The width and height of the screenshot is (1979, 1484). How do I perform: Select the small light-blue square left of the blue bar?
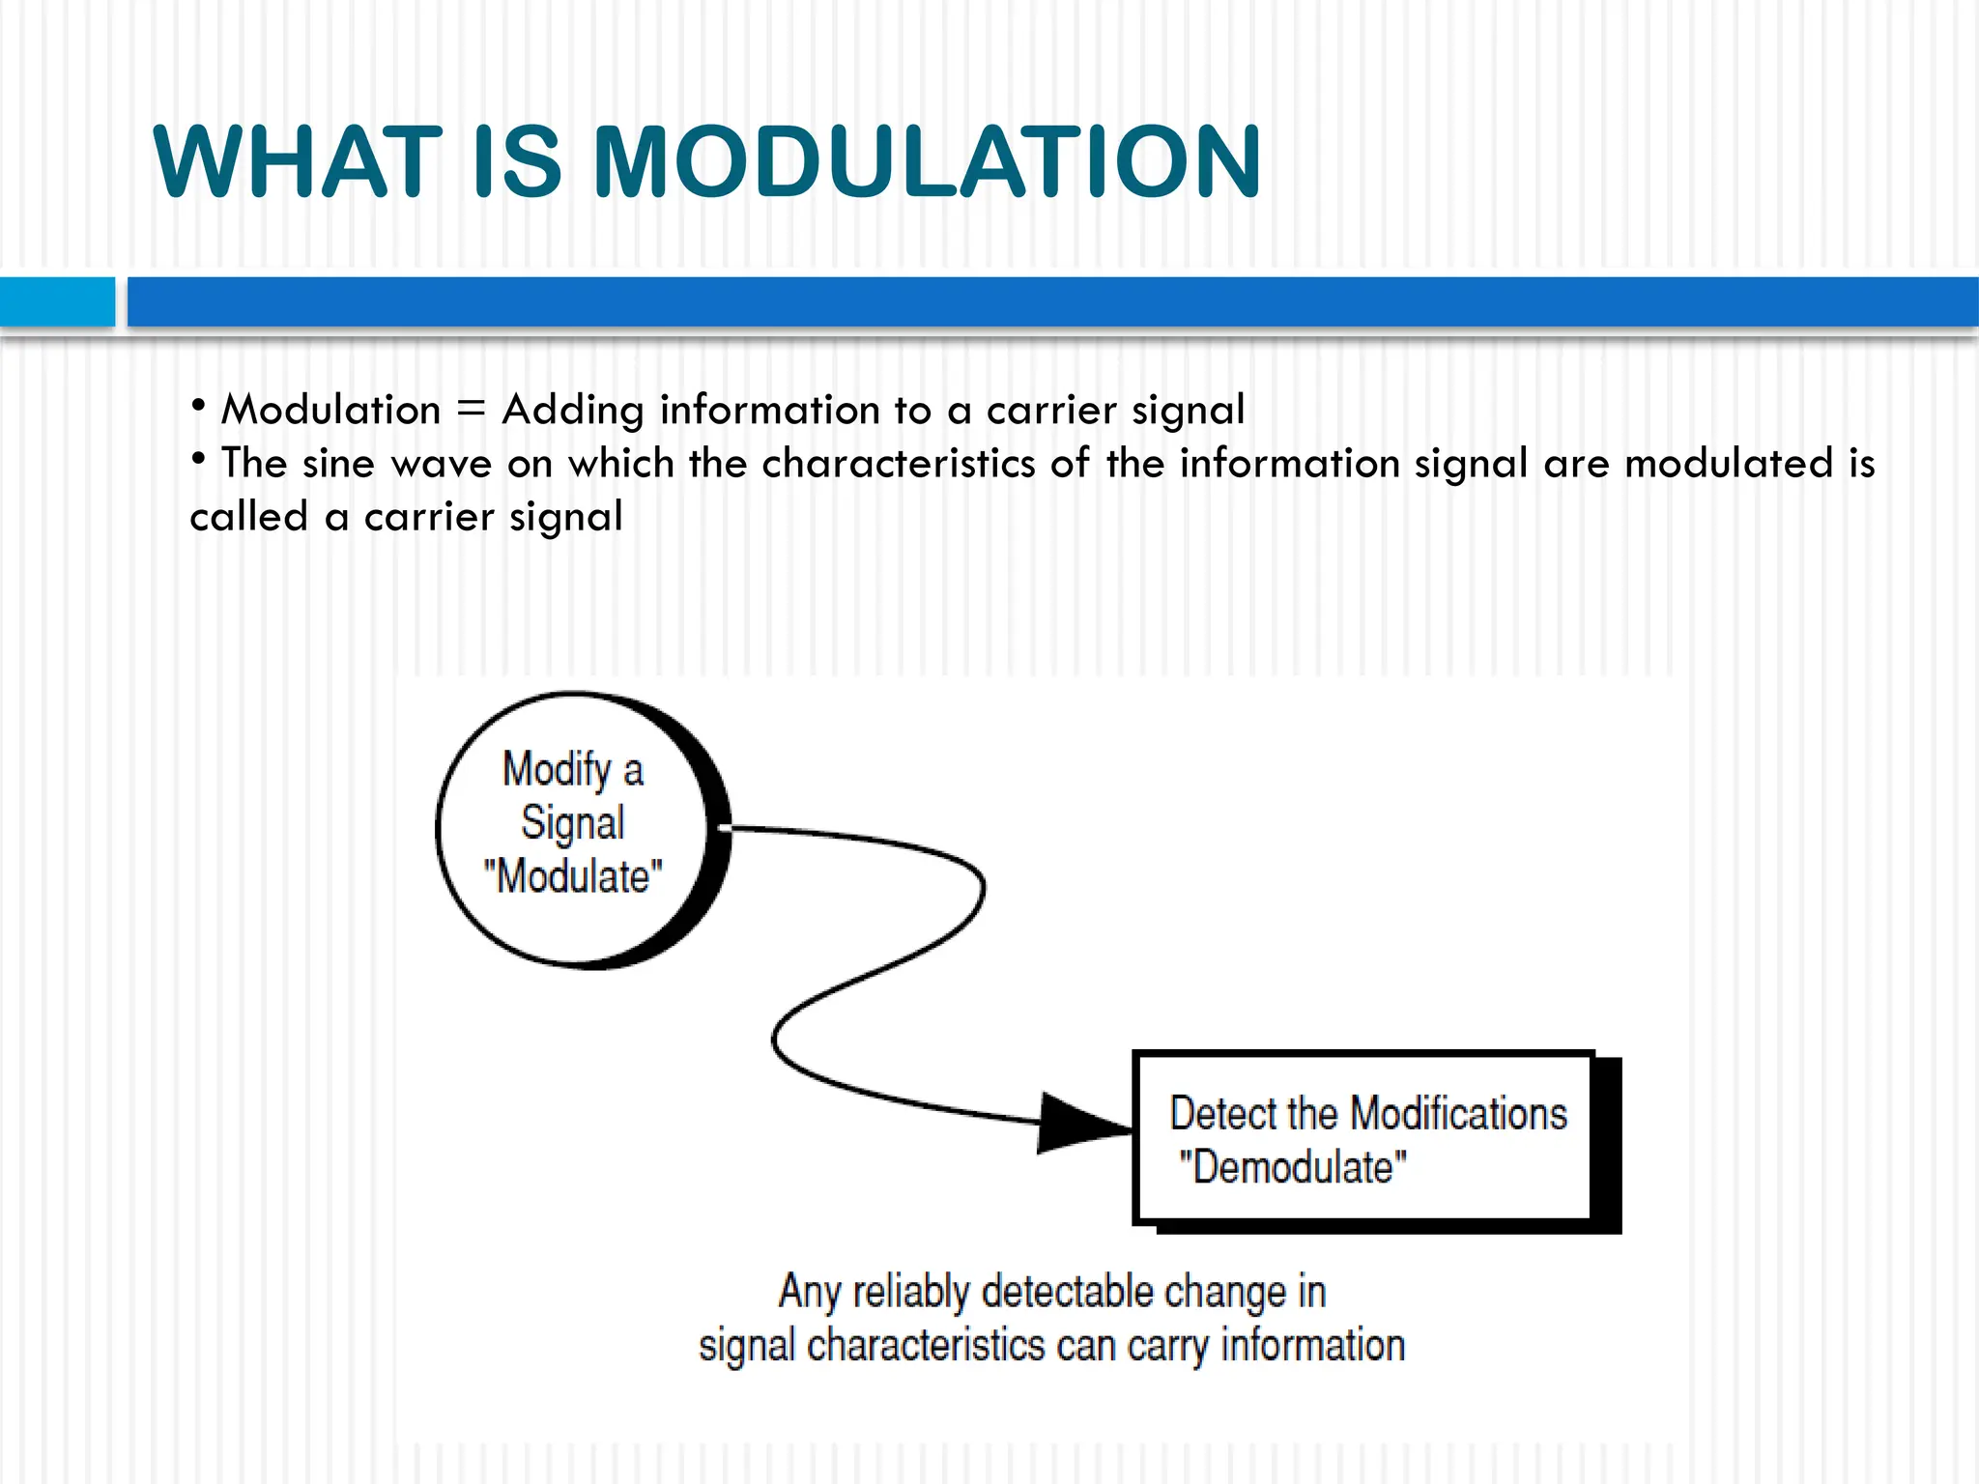coord(57,301)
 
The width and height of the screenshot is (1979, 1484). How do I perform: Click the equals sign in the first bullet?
coord(471,410)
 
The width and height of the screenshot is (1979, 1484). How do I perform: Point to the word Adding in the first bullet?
coord(572,410)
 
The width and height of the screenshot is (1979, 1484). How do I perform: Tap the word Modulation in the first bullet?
coord(330,410)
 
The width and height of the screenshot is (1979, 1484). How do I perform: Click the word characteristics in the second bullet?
coord(899,463)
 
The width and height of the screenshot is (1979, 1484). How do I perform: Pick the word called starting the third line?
coord(248,517)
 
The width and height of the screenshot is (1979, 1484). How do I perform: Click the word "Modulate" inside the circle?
coord(573,876)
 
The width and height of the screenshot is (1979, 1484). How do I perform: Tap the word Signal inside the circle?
coord(573,823)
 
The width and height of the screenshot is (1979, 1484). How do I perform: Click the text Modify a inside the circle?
coord(573,770)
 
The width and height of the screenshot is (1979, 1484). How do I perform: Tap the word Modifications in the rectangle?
coord(1458,1114)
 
